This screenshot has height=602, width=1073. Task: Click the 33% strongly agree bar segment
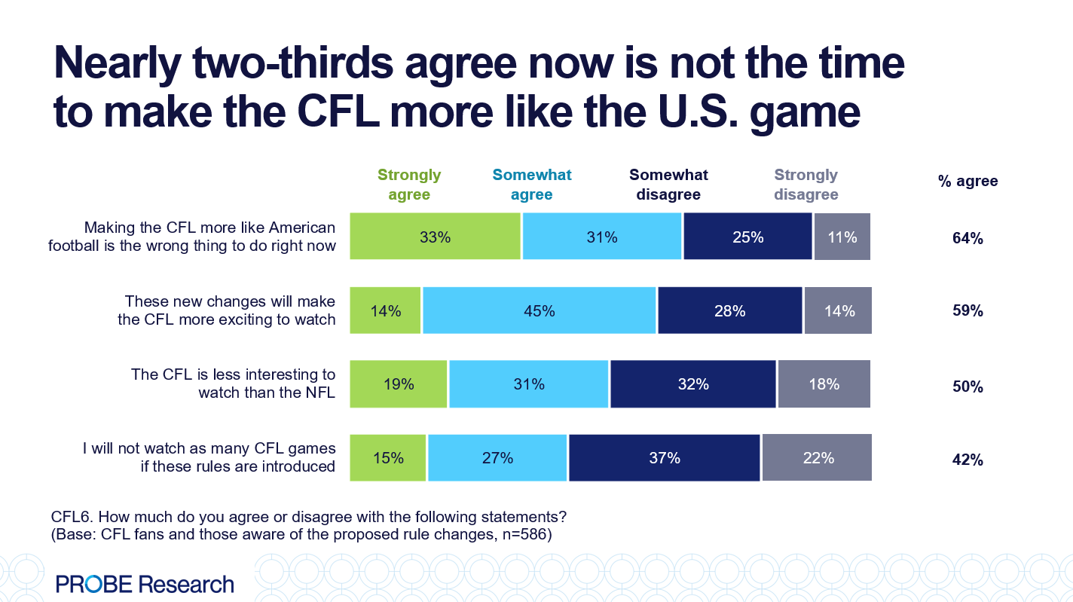(435, 237)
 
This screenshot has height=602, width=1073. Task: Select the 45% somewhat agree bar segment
(540, 310)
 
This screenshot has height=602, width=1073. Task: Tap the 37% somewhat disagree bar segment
(664, 457)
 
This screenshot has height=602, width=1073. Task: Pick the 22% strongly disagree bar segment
(817, 457)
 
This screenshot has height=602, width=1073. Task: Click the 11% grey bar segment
(842, 237)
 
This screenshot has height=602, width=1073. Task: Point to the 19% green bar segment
(399, 384)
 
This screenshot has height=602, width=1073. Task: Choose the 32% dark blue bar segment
(692, 384)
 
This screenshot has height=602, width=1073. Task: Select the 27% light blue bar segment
(497, 457)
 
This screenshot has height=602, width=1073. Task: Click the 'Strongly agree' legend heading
(409, 185)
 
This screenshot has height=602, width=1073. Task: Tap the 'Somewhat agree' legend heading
(532, 185)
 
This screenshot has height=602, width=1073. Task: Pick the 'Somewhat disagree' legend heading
(668, 185)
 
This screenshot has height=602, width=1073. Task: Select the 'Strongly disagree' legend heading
(806, 185)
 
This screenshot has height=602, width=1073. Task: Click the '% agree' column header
(968, 181)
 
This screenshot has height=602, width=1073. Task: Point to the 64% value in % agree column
(968, 238)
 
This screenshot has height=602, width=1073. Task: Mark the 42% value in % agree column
(968, 460)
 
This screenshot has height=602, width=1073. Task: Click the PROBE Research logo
(145, 583)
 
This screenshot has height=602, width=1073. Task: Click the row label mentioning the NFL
(233, 384)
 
